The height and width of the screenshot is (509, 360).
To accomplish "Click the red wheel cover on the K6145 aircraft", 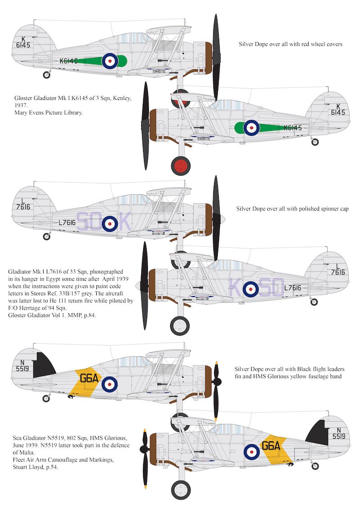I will [181, 165].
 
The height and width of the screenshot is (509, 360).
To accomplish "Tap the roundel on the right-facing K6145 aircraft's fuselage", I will [109, 61].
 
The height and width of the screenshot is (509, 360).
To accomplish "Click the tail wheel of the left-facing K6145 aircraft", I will [315, 142].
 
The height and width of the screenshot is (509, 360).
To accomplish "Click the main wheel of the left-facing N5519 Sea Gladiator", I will [180, 490].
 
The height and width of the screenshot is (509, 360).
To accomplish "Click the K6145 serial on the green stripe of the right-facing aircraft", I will [68, 61].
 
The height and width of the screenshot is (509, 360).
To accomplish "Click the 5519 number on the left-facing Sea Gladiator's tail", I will [339, 436].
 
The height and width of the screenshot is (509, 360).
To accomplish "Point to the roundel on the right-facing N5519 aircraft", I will [109, 384].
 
